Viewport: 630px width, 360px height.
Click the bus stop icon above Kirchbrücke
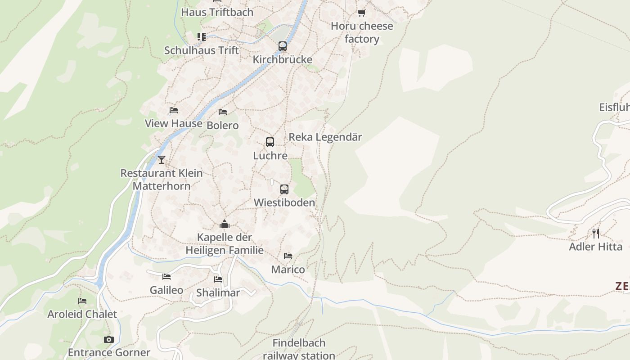click(x=283, y=46)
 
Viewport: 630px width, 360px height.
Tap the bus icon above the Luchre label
click(x=270, y=142)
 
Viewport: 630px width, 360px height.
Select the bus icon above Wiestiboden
click(x=284, y=189)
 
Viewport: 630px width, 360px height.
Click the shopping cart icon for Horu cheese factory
click(x=361, y=13)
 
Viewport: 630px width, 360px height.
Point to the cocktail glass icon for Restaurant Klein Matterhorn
click(x=162, y=159)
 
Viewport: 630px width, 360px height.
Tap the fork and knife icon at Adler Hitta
click(x=596, y=233)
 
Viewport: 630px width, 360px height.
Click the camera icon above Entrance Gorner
click(x=108, y=339)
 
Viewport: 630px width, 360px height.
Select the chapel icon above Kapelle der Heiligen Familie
click(x=225, y=224)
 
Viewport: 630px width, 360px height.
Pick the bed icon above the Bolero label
click(x=223, y=112)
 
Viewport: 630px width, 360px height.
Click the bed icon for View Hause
click(x=174, y=110)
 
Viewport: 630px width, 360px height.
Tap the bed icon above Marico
click(x=288, y=256)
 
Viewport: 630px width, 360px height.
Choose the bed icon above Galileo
click(x=166, y=276)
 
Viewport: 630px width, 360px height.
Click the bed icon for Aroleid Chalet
click(x=82, y=301)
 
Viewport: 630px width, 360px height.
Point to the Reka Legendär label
click(x=325, y=137)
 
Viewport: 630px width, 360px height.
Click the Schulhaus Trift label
click(x=201, y=50)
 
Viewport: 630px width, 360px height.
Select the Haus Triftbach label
click(x=217, y=12)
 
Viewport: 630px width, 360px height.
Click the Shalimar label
click(x=218, y=292)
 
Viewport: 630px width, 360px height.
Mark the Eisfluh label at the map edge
click(x=614, y=107)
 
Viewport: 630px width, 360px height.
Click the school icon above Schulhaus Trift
click(x=201, y=36)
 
